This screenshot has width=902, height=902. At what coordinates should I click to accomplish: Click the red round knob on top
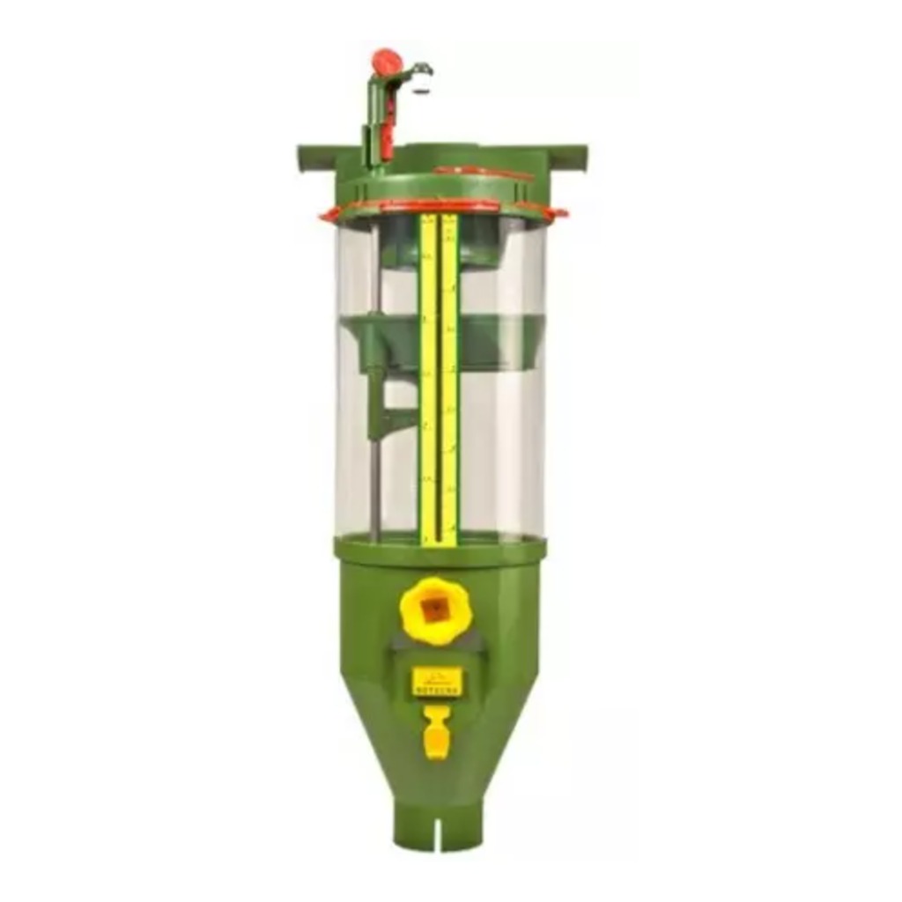point(386,62)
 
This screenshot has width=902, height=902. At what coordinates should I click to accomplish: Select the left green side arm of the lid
point(317,158)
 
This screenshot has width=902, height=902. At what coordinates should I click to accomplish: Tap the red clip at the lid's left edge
point(329,214)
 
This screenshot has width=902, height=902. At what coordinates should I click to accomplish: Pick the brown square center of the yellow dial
point(433,609)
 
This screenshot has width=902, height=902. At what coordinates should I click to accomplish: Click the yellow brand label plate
point(437,681)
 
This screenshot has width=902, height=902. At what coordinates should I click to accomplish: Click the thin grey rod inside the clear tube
point(374,476)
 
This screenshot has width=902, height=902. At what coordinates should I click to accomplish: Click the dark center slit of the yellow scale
point(438,379)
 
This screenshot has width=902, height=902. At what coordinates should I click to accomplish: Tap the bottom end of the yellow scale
point(438,539)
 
